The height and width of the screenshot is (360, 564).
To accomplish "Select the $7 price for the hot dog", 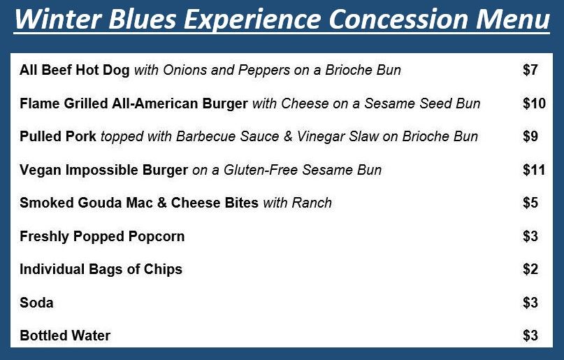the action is [530, 70].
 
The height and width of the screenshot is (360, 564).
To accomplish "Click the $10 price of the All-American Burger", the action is [535, 103].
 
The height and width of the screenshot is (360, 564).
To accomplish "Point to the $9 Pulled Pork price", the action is [530, 136].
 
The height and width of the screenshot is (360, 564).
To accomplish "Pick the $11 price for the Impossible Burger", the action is [534, 170].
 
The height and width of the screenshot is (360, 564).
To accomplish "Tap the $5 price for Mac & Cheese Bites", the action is [530, 203].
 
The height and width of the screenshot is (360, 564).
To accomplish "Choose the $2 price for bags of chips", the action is [530, 269].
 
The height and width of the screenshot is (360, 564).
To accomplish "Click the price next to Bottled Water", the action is [530, 336].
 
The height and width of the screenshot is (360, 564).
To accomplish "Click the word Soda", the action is [36, 303].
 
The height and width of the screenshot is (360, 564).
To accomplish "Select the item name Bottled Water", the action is [65, 336].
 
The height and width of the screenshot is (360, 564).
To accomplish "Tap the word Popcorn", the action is [157, 236].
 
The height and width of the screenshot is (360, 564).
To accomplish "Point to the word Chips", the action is [163, 269].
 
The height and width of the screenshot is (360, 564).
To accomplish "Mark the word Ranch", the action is [312, 203].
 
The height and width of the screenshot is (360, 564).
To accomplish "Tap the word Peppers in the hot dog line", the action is [264, 70].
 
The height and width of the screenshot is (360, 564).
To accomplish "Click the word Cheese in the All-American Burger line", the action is [305, 103].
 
